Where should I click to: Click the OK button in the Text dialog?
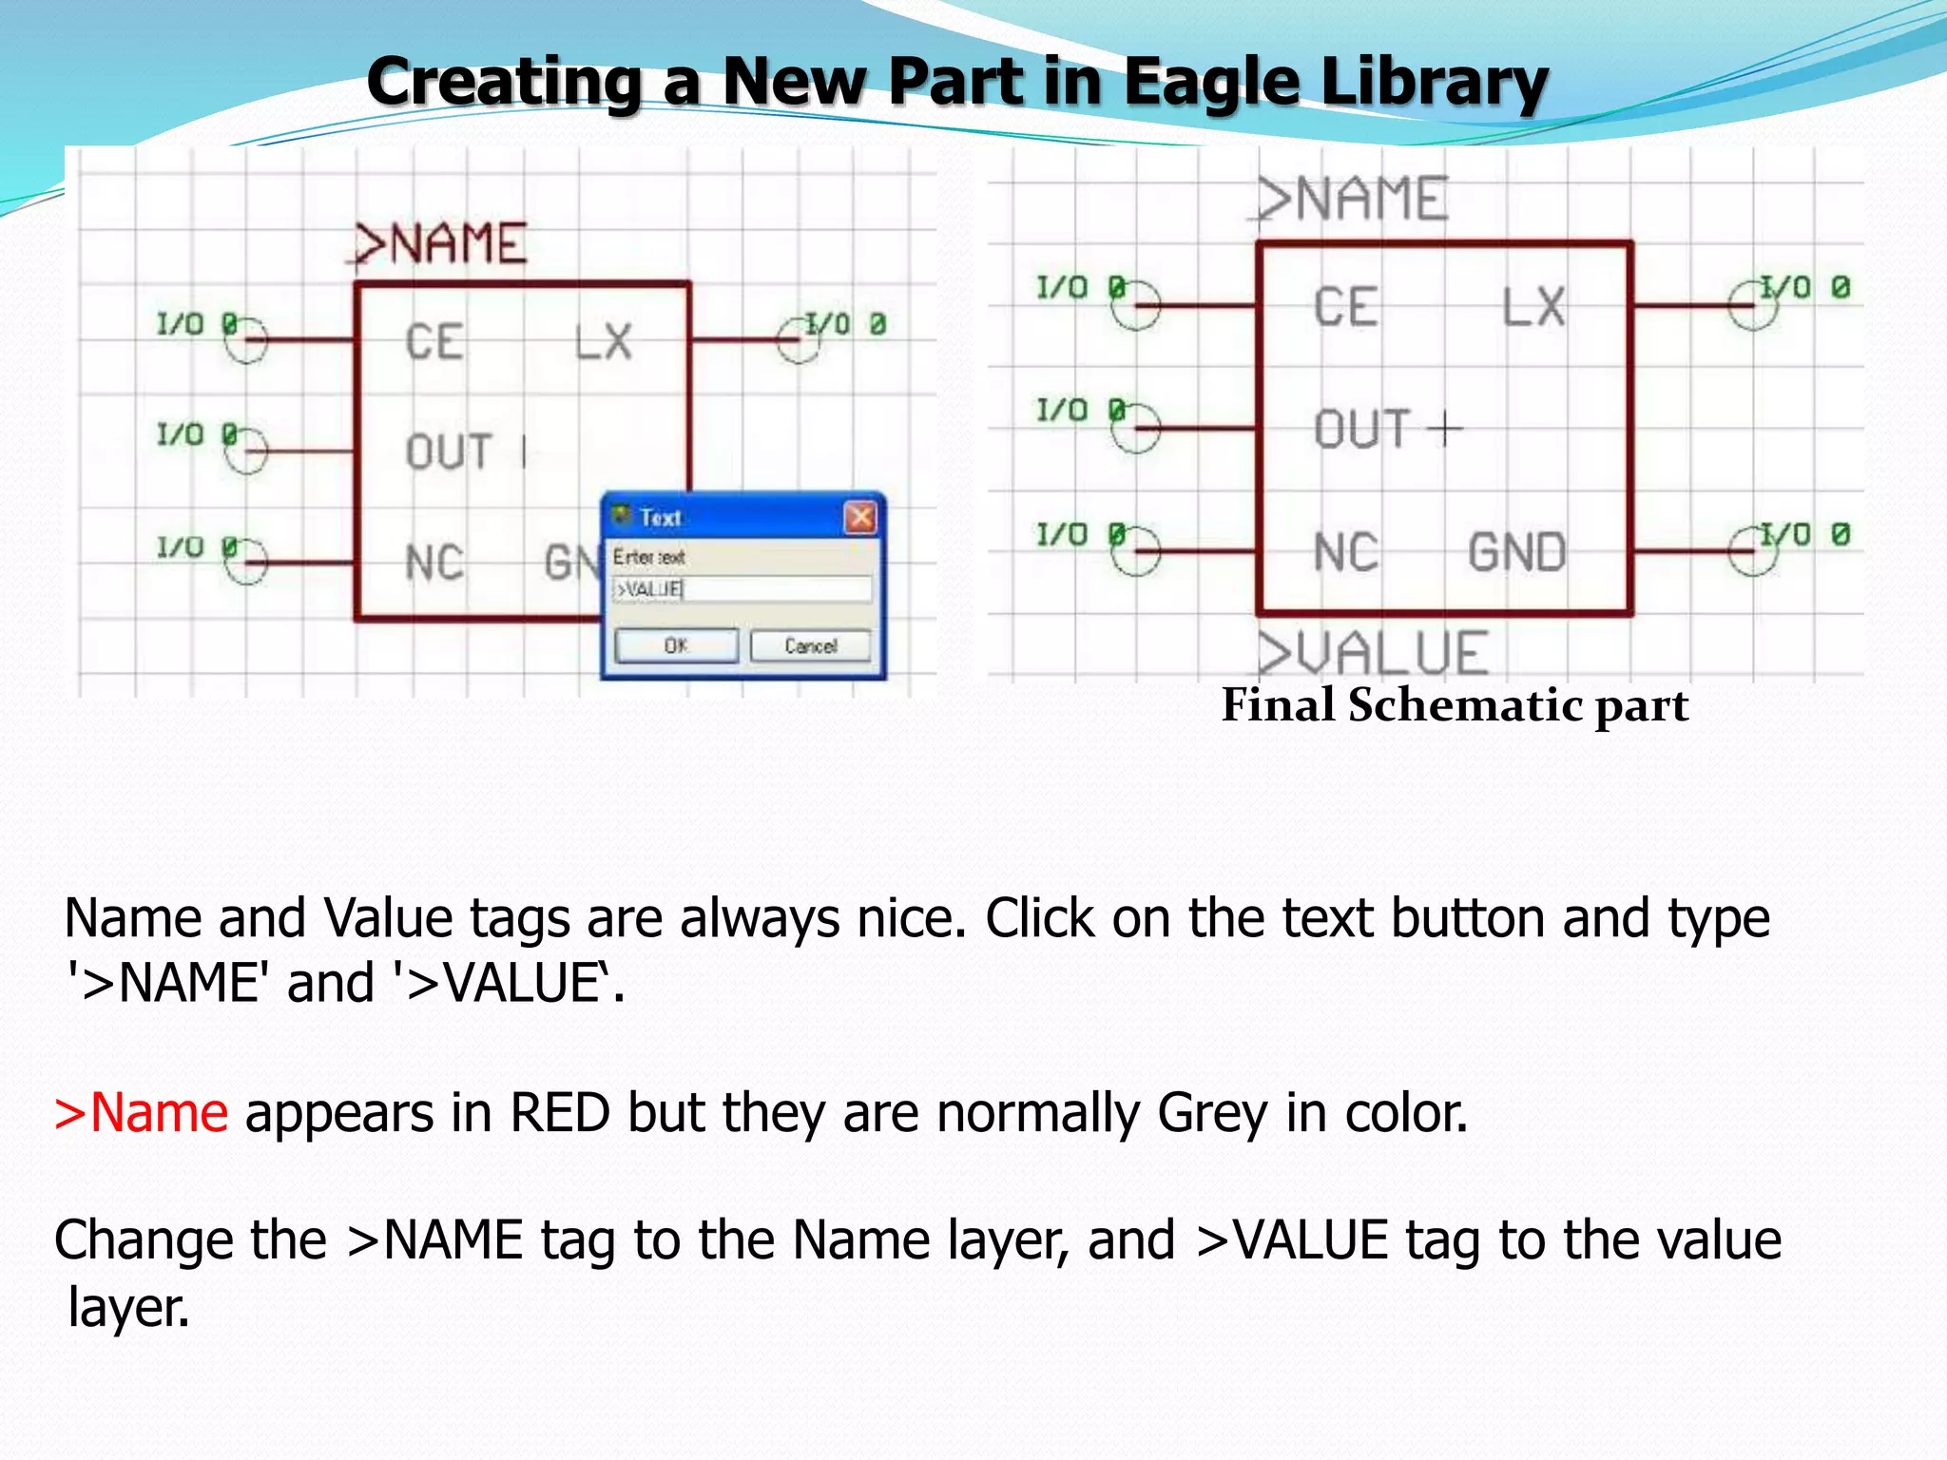676,646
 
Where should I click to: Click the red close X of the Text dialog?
860,517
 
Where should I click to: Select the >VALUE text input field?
742,589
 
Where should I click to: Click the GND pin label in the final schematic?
1516,553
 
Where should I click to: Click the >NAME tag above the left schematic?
439,244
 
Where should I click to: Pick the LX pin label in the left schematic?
604,342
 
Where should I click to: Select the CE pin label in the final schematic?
1346,308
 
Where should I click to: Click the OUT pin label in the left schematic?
449,452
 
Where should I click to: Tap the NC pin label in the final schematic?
1345,553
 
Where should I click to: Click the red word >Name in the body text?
141,1113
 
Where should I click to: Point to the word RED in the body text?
559,1113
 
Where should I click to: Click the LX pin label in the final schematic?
1533,308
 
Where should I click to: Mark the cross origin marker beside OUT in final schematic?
1445,430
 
